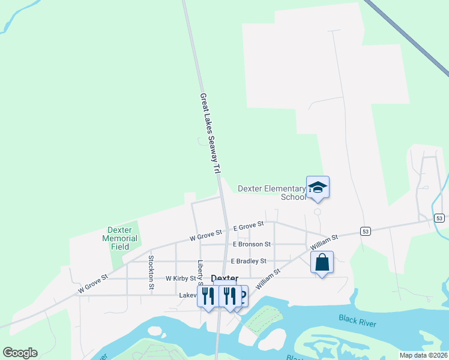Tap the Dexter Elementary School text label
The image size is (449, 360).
[x=271, y=192]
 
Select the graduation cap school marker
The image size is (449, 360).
[x=318, y=187]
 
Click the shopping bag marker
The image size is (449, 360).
[x=322, y=262]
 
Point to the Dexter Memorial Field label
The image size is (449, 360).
[x=124, y=238]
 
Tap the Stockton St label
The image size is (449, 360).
[x=151, y=273]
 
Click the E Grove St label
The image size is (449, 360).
[x=248, y=226]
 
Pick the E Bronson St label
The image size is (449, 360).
[x=252, y=244]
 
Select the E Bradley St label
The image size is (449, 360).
[x=248, y=261]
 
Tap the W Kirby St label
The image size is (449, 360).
[x=181, y=278]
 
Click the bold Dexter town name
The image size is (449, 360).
[x=224, y=279]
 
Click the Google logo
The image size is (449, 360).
[x=20, y=352]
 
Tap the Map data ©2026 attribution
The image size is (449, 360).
[x=423, y=355]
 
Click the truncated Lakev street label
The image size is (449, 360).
[x=188, y=295]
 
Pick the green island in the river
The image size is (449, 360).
[x=263, y=320]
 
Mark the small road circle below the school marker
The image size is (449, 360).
[x=317, y=211]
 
